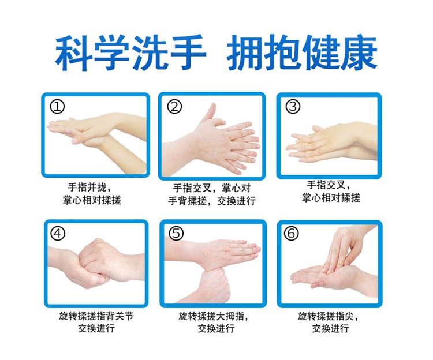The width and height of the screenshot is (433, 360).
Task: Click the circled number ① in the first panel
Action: pos(57,107)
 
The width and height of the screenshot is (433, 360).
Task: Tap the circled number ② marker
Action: pos(174,107)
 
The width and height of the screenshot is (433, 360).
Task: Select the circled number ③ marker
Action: pos(293,107)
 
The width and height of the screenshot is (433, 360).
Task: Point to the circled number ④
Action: pos(58,234)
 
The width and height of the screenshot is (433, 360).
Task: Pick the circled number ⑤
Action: pos(176,234)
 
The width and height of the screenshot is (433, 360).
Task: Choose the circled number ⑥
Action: pos(292,234)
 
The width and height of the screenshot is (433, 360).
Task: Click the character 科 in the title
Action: pos(74,53)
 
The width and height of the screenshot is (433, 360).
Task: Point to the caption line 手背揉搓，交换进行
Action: pos(212,201)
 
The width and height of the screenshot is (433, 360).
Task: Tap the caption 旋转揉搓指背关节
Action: pos(96,316)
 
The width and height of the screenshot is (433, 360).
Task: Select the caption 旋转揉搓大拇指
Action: pos(213,316)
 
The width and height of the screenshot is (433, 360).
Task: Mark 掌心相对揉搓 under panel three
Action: pos(331,198)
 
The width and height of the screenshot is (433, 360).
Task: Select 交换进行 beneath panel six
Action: pos(330,328)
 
